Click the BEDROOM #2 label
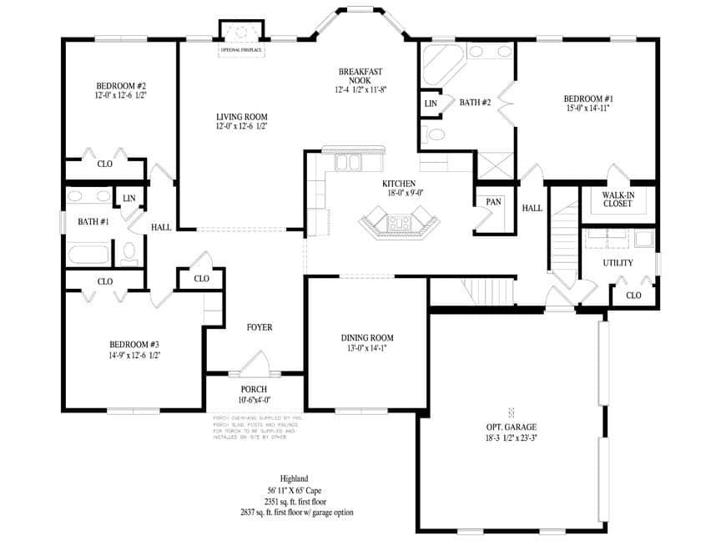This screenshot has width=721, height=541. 121,86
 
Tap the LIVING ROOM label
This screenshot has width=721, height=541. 241,117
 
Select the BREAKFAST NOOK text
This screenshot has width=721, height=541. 360,76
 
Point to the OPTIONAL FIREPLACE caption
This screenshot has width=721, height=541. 241,50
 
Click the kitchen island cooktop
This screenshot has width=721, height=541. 397,223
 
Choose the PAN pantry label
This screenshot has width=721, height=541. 493,202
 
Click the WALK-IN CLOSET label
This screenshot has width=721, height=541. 617,199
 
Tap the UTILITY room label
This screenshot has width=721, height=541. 618,263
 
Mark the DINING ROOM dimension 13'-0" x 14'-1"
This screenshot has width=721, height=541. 367,350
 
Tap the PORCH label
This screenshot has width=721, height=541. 254,389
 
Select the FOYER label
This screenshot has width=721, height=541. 259,327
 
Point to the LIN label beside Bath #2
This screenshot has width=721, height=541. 431,104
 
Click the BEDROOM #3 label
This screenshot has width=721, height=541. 134,344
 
